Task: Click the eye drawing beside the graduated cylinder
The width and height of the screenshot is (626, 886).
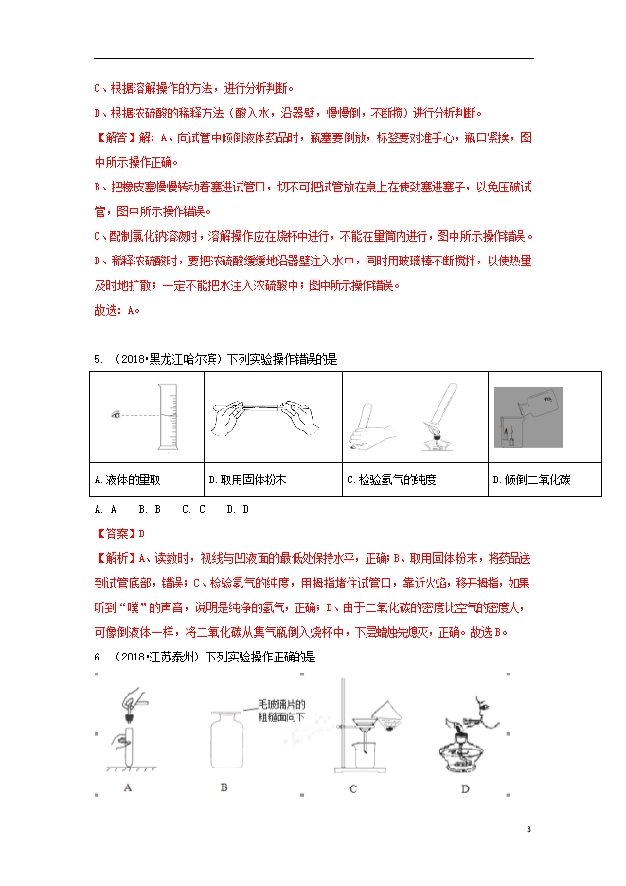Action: (x=116, y=414)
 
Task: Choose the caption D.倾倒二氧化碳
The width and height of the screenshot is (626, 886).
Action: (x=531, y=480)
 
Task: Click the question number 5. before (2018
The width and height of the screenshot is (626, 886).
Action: (x=98, y=359)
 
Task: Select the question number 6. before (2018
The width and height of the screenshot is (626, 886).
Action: (x=98, y=657)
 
